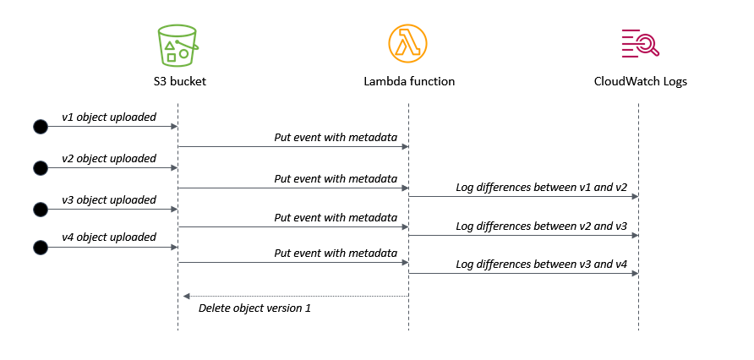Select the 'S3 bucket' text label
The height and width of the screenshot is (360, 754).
pos(178,82)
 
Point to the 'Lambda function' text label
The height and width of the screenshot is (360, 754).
pos(409,82)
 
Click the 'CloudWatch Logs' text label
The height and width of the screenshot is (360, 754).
pos(640,82)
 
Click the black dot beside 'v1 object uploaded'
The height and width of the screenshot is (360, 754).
pos(40,127)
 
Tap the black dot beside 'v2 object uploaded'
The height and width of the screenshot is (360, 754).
pos(40,168)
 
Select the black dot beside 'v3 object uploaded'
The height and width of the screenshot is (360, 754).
pos(40,209)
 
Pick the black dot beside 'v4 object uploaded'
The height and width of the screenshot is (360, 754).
pos(40,247)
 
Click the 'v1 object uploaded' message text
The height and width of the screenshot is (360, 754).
pos(109,117)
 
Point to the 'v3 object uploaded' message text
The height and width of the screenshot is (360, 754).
pos(109,199)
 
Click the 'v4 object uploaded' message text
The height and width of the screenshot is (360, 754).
pos(109,237)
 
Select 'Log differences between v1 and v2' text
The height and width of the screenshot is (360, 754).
pos(541,187)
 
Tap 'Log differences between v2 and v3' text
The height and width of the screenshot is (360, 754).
pos(541,226)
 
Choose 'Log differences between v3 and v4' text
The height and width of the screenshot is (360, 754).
pos(541,265)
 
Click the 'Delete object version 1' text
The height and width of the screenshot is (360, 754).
pos(254,308)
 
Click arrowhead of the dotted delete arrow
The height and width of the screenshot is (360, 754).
pos(187,296)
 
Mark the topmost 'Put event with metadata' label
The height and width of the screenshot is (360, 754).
pos(336,137)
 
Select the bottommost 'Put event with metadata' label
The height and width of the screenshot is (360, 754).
pos(336,253)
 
